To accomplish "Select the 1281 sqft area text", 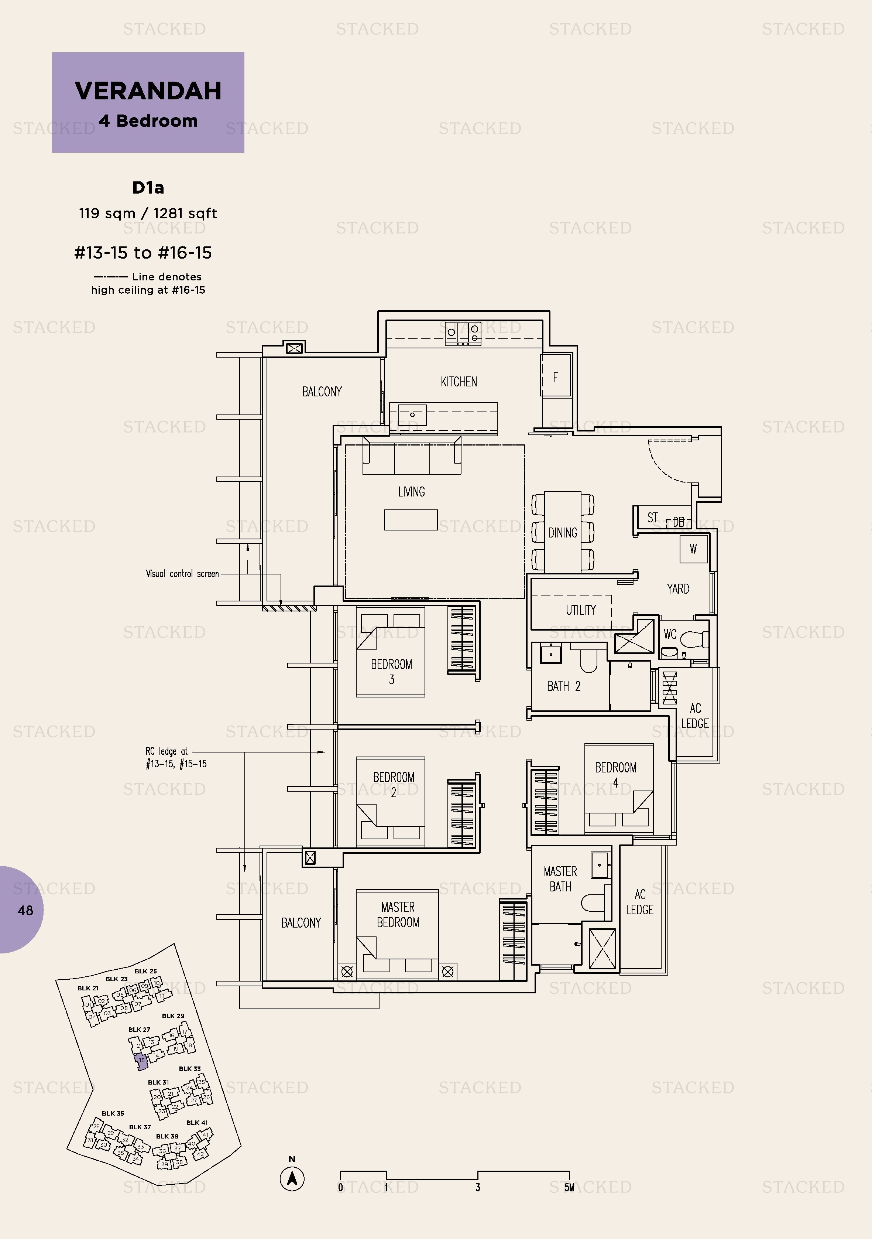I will [185, 213].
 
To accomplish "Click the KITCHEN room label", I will [459, 382].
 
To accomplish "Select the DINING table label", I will [563, 533].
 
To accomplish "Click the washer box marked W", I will [693, 549].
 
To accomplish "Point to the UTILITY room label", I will [580, 610].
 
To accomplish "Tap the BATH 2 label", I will [563, 686].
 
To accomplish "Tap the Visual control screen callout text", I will [182, 574].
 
